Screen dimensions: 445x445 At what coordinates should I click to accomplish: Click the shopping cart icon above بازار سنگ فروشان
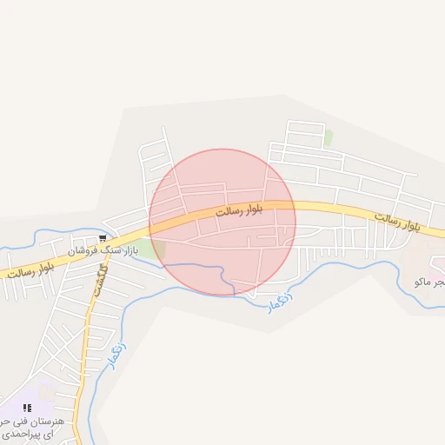[x=103, y=237]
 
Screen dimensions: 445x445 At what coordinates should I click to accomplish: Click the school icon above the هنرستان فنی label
[x=27, y=407]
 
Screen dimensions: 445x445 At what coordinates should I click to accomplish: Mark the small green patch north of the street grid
[x=328, y=137]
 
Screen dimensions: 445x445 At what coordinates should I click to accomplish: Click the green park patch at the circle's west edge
[x=154, y=250]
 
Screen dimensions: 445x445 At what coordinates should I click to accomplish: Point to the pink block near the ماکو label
[x=435, y=276]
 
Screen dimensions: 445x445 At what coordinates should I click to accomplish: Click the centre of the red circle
[x=222, y=222]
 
